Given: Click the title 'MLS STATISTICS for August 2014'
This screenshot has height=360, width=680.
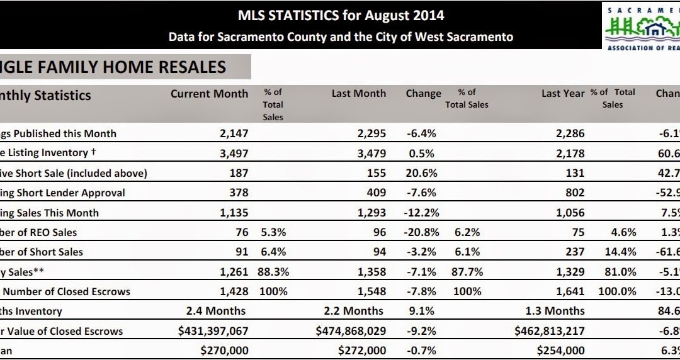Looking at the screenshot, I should click(341, 14).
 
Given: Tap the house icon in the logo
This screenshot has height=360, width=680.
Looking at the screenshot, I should click(656, 29).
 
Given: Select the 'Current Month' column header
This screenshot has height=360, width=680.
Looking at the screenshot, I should click(209, 94).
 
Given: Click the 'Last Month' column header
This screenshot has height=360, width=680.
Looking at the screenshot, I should click(358, 94).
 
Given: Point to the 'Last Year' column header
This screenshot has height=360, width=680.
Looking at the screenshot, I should click(563, 94).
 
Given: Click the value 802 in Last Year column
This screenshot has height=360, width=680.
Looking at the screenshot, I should click(574, 193).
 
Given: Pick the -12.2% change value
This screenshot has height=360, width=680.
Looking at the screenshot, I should click(419, 213).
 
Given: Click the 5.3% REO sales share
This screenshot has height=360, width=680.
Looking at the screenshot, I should click(272, 232).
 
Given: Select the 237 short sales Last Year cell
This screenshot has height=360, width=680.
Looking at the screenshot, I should click(574, 252).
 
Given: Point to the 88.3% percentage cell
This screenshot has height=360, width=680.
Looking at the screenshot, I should click(272, 272).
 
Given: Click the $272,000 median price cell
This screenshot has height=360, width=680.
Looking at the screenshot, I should click(362, 351).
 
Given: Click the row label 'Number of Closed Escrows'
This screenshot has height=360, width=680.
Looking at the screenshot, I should click(65, 291).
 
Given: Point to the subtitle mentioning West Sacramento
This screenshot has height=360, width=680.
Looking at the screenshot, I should click(341, 37).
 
